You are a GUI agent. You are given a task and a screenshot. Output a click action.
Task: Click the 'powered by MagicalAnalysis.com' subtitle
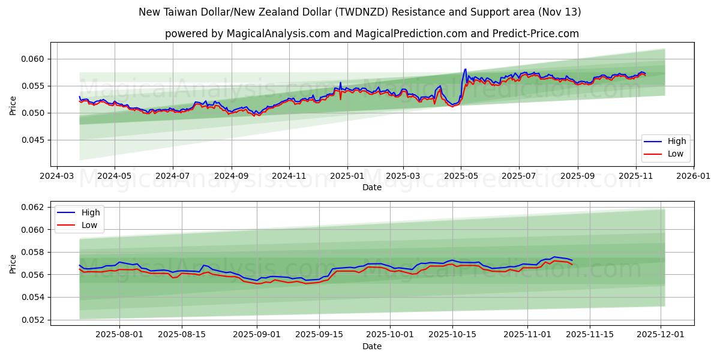click(372, 34)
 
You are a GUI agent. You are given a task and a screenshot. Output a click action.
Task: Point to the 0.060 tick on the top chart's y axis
click(33, 59)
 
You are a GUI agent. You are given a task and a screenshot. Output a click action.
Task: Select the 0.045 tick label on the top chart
click(33, 140)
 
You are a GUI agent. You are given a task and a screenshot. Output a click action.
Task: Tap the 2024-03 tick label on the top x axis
click(56, 176)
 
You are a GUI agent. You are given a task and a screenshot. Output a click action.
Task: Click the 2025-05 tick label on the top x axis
click(461, 176)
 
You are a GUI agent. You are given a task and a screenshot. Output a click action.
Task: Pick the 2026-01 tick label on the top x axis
click(694, 176)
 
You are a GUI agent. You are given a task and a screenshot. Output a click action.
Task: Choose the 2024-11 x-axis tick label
click(289, 176)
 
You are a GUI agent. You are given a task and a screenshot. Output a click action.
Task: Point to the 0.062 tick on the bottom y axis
click(33, 207)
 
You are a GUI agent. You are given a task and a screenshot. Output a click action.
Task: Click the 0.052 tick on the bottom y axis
click(33, 320)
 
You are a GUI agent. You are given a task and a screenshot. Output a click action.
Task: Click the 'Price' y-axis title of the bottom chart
click(13, 263)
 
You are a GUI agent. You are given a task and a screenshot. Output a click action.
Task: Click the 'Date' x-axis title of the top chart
click(372, 187)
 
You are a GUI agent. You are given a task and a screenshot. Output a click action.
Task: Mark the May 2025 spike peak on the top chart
click(465, 69)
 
